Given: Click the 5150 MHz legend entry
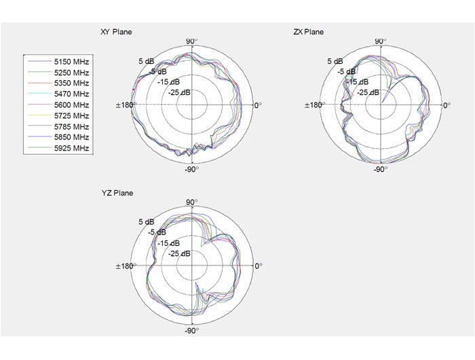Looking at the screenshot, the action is tap(71, 62).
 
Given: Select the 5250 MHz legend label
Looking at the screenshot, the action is tap(71, 73).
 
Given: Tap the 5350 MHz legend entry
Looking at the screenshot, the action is tap(71, 83).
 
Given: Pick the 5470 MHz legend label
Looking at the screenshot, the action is tap(71, 94).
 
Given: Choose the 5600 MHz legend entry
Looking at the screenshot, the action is tap(71, 105).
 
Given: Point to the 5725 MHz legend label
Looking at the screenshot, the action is tap(71, 116).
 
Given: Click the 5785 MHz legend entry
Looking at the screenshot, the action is tap(71, 126).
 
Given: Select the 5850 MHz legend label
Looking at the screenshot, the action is tap(71, 137).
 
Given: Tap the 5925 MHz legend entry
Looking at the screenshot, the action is tap(71, 148).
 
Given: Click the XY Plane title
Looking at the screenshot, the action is tap(116, 32).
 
